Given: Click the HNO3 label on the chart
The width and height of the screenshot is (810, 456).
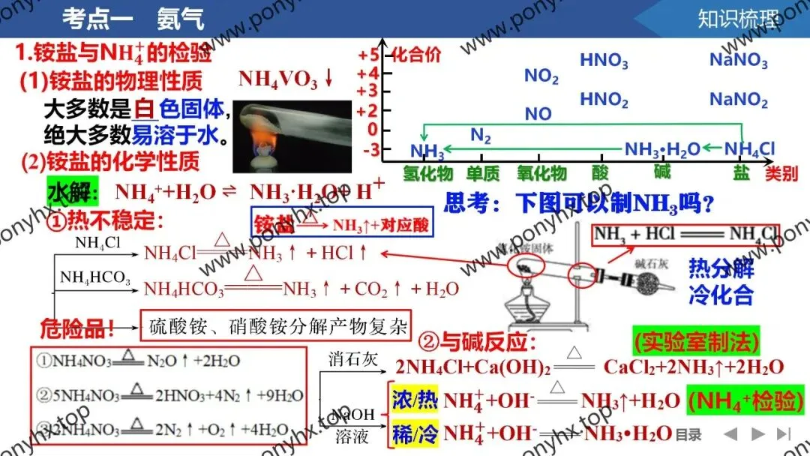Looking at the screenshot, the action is point(604,60).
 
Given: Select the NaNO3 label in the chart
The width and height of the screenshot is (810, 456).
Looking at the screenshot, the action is point(738,60).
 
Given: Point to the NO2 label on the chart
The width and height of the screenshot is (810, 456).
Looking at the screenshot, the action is point(541,76).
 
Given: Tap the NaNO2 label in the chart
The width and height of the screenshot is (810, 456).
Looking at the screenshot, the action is point(738,100).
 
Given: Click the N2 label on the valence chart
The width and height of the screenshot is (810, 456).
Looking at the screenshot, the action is point(481,136).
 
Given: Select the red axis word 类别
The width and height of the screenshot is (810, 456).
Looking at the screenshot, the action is point(780,174).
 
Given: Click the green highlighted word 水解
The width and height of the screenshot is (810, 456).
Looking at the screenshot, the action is point(72,192).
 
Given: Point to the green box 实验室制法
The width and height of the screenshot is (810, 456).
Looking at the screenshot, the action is point(696,343).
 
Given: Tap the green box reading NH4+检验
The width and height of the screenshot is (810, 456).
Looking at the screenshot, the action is point(745,400).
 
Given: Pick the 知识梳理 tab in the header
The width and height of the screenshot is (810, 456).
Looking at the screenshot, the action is point(737,18).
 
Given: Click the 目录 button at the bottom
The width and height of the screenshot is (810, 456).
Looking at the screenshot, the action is point(688,434).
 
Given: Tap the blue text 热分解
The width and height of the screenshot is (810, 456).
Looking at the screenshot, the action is point(721,268).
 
